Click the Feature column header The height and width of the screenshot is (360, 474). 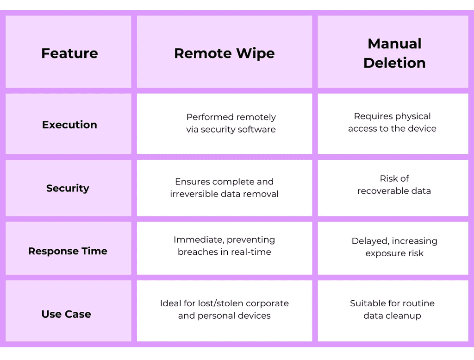[69, 53]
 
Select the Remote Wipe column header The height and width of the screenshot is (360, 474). [225, 53]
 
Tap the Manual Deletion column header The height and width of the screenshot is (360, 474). [394, 53]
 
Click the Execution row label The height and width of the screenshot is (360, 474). [69, 125]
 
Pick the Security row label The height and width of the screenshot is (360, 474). [68, 188]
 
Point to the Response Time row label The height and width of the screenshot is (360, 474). [68, 251]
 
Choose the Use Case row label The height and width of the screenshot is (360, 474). [66, 314]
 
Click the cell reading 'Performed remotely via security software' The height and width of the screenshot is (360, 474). [231, 123]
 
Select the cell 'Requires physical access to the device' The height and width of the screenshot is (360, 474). [393, 122]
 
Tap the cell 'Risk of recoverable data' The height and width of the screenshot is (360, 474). [394, 184]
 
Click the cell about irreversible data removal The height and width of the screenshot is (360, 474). [225, 188]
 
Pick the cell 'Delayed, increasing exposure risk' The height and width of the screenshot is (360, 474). [394, 247]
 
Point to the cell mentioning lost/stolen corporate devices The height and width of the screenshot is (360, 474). [225, 309]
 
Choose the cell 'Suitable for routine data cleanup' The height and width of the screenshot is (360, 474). [393, 309]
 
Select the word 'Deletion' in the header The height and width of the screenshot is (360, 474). [394, 63]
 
